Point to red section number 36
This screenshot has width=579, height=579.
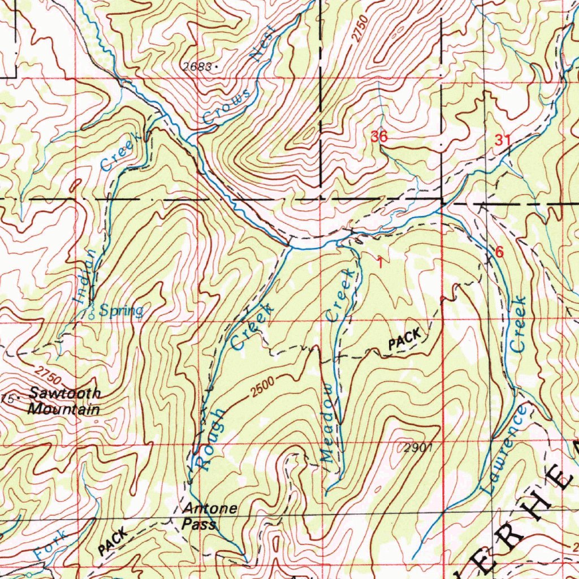click(379, 136)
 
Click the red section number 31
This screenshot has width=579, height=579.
click(503, 141)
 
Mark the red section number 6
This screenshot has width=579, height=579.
click(499, 252)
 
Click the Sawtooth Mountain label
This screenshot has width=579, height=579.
click(64, 401)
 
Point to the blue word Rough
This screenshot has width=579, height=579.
click(207, 439)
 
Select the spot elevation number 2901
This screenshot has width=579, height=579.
click(418, 448)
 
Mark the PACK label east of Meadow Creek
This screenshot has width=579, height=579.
click(405, 339)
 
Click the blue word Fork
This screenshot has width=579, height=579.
click(45, 545)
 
